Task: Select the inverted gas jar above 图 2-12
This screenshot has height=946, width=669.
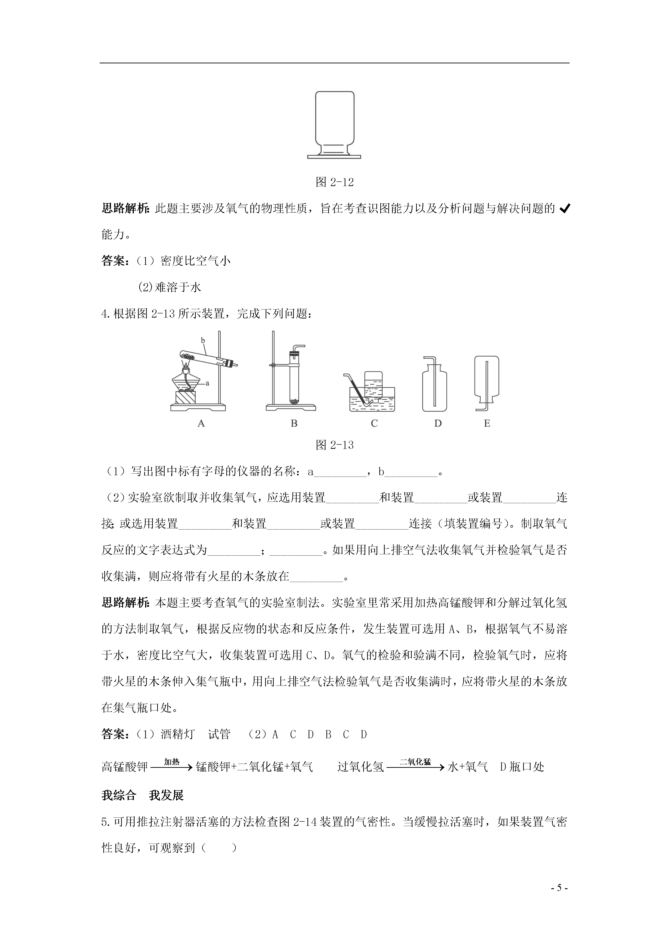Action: click(334, 124)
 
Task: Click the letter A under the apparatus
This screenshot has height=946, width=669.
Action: click(201, 423)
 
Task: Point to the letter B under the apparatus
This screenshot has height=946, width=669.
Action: click(294, 423)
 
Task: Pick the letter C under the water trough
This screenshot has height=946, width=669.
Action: click(374, 423)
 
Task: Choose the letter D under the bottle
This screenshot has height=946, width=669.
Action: click(438, 423)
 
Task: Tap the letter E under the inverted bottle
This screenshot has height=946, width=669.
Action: click(487, 423)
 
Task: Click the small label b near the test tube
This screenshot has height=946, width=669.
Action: click(203, 340)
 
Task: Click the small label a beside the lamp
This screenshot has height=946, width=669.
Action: click(207, 383)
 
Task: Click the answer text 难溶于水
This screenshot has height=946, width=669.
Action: click(178, 287)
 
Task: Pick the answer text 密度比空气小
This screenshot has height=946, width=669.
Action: click(195, 261)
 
